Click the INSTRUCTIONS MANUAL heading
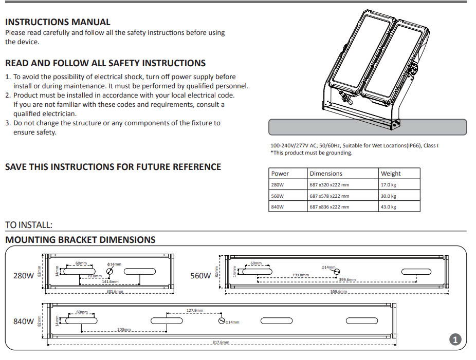(x=58, y=22)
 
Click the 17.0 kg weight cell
(x=389, y=185)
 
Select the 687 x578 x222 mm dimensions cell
(x=329, y=196)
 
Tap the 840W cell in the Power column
(x=278, y=207)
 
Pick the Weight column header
(x=391, y=174)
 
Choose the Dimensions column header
(x=326, y=174)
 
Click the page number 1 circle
(x=455, y=339)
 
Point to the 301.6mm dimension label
(x=115, y=292)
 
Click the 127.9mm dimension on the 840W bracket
(x=195, y=310)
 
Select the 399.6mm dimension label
(x=347, y=280)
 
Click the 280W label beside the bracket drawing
(x=23, y=275)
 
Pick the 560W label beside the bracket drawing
(x=200, y=275)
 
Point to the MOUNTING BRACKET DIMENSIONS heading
(x=80, y=240)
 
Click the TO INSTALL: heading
(x=29, y=225)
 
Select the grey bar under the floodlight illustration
(x=368, y=127)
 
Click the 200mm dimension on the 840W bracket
(x=124, y=329)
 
